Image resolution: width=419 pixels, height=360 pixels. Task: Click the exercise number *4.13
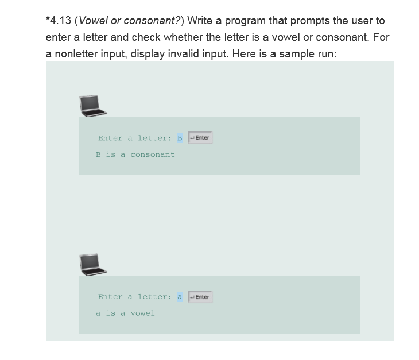pos(59,21)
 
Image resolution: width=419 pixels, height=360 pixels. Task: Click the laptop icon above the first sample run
pos(94,105)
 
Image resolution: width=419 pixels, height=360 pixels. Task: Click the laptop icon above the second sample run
pos(94,264)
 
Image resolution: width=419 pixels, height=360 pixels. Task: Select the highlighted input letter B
pos(180,138)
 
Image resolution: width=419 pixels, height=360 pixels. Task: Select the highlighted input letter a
pos(180,297)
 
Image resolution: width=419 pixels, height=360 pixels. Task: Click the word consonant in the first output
pos(153,154)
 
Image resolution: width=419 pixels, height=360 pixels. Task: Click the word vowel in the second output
pos(142,313)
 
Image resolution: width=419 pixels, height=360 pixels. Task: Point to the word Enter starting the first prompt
pos(110,138)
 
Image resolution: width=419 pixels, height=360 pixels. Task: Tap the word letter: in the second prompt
pos(154,297)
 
